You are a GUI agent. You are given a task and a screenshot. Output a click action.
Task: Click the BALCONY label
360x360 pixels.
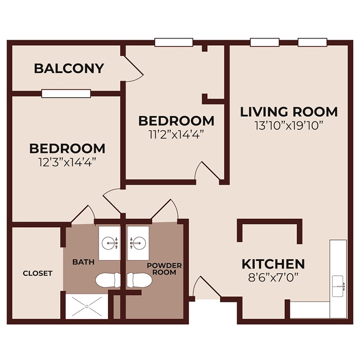coord(69,68)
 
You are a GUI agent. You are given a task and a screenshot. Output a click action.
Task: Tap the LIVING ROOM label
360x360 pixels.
coord(289,112)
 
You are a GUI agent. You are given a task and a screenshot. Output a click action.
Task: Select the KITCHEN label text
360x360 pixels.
coord(273,264)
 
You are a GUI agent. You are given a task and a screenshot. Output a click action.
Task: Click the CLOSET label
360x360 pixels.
coord(38,273)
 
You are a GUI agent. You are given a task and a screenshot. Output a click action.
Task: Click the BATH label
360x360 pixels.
coord(83,262)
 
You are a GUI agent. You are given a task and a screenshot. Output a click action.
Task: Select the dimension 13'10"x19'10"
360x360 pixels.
coord(289,125)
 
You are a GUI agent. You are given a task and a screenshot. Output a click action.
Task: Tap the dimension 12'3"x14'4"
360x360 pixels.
coord(67,162)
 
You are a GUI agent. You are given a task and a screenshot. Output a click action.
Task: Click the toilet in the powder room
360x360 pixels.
coord(139,280)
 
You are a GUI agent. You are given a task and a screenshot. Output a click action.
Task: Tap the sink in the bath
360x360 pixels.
coord(109,241)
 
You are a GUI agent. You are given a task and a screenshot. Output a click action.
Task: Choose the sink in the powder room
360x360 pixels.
coord(138,241)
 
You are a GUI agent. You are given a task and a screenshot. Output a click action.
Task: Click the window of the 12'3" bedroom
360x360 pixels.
coord(66,94)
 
